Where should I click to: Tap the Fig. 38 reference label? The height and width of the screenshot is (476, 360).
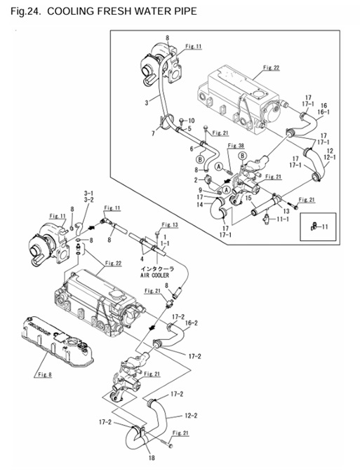click(236, 146)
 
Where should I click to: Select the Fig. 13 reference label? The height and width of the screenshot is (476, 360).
click(170, 225)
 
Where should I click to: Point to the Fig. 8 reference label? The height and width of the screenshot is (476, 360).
click(45, 374)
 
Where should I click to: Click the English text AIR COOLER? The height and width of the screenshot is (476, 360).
click(154, 276)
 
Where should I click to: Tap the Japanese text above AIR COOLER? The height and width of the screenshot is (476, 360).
click(156, 269)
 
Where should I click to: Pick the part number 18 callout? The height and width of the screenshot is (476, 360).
click(152, 458)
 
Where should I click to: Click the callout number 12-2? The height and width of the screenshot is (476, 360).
click(191, 415)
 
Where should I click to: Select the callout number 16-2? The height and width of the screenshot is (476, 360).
click(191, 323)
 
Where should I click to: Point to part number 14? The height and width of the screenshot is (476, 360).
click(199, 205)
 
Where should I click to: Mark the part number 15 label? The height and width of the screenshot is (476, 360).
click(248, 198)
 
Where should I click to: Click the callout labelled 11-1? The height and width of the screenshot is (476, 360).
click(283, 219)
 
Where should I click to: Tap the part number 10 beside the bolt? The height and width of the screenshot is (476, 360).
click(192, 121)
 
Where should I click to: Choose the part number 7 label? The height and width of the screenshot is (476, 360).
click(154, 133)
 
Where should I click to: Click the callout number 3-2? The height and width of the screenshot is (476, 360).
click(88, 200)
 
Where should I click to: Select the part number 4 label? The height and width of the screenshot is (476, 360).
click(142, 259)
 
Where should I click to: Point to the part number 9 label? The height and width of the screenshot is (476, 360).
click(200, 191)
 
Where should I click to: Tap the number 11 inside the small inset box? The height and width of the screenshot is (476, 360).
click(324, 226)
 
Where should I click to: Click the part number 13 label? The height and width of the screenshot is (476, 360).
click(286, 211)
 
